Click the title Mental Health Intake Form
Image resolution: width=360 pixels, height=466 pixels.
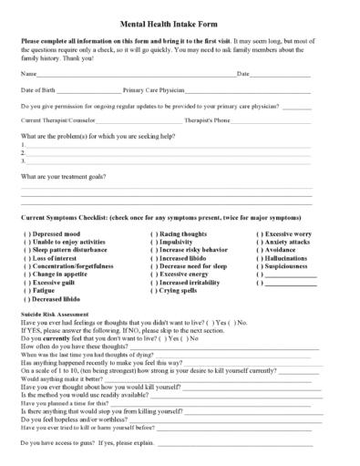(180, 28)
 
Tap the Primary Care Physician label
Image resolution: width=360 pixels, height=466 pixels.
(152, 92)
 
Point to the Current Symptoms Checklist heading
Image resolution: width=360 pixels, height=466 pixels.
(159, 220)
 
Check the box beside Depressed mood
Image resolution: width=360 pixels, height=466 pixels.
(26, 234)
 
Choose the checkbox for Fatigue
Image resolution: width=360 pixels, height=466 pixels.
(26, 291)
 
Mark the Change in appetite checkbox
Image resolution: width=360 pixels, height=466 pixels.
(26, 274)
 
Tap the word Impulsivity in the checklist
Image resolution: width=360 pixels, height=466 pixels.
(180, 243)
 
